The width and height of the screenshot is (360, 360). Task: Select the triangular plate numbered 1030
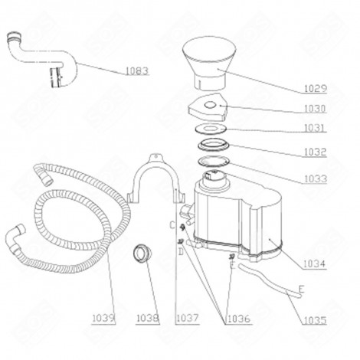(x=208, y=106)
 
